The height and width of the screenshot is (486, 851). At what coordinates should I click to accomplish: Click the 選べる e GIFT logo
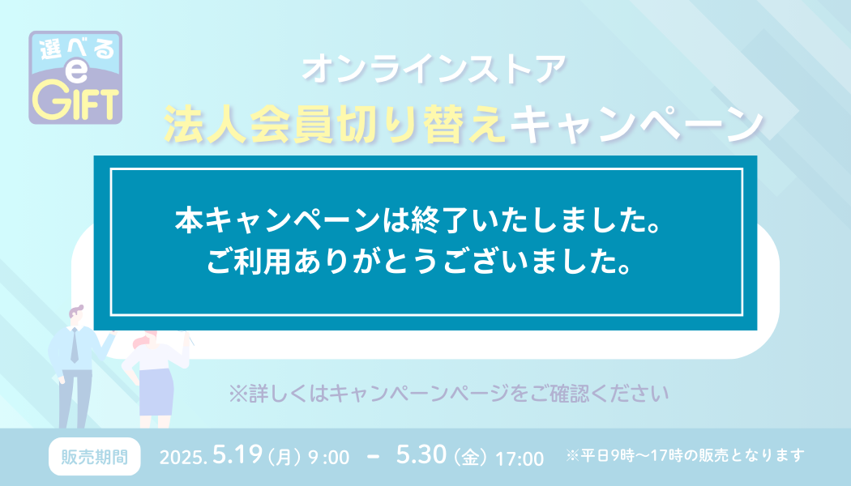pyautogui.click(x=75, y=78)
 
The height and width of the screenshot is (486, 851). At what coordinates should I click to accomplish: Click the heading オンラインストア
pyautogui.click(x=434, y=70)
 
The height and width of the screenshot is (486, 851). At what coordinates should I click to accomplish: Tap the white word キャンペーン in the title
pyautogui.click(x=636, y=124)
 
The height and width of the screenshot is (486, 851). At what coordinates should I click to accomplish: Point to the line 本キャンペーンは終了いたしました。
pyautogui.click(x=418, y=220)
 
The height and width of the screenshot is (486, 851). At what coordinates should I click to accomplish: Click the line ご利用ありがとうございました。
pyautogui.click(x=418, y=262)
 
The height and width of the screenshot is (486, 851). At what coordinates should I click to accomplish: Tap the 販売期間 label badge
pyautogui.click(x=95, y=457)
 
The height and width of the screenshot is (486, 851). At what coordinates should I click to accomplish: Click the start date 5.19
pyautogui.click(x=237, y=454)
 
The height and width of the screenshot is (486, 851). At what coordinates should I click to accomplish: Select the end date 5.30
pyautogui.click(x=421, y=454)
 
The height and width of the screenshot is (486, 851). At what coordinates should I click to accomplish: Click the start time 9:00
pyautogui.click(x=329, y=458)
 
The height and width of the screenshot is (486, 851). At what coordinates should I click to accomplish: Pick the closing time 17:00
pyautogui.click(x=520, y=458)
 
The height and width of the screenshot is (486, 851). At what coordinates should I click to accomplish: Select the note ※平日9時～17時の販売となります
pyautogui.click(x=684, y=455)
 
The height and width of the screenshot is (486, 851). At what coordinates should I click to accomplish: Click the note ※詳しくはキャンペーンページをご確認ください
pyautogui.click(x=449, y=394)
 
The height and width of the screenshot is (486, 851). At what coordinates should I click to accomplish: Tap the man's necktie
pyautogui.click(x=75, y=345)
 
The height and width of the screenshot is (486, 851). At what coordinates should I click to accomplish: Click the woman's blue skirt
pyautogui.click(x=156, y=391)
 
